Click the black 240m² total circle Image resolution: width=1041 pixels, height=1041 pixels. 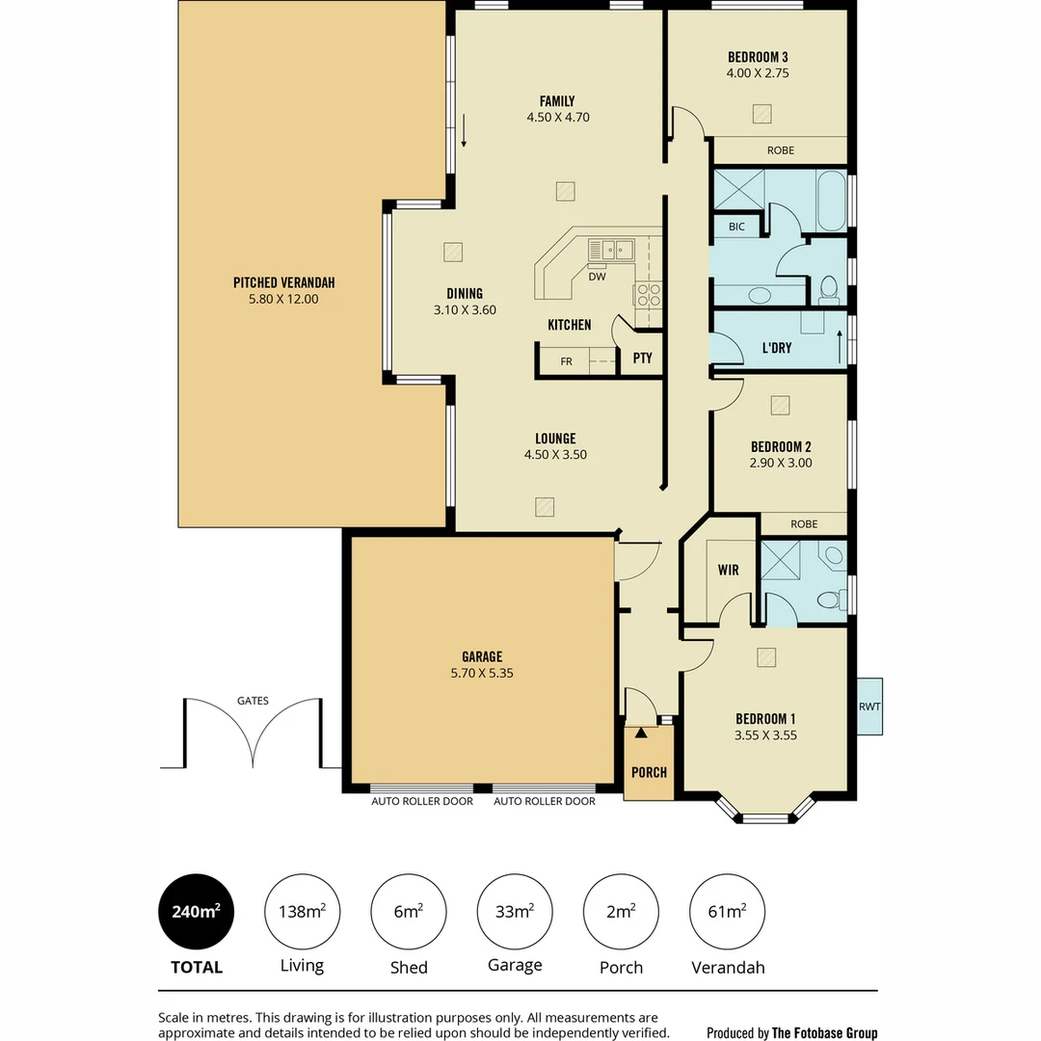[x=196, y=911]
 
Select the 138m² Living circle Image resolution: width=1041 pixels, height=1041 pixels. [x=302, y=911]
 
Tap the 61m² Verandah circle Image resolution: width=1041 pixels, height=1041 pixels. [x=728, y=911]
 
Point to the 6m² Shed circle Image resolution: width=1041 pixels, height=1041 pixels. [x=408, y=911]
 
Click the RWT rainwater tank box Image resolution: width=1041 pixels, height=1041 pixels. [x=869, y=706]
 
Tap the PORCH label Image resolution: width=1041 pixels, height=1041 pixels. [x=649, y=772]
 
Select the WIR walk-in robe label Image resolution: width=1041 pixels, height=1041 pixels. [x=728, y=570]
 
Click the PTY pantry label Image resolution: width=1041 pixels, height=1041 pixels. [x=642, y=358]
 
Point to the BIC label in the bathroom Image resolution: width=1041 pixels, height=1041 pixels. [x=736, y=227]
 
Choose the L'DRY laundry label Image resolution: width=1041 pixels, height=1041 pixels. [x=776, y=347]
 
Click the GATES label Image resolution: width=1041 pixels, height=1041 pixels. [x=253, y=701]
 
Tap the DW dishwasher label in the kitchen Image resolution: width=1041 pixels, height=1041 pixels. [x=597, y=277]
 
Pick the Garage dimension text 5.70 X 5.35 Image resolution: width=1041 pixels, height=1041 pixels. [x=482, y=674]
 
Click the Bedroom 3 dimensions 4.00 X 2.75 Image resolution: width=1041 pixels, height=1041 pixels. [x=758, y=72]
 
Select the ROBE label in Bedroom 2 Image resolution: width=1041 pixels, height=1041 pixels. [x=803, y=524]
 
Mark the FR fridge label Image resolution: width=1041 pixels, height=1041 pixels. [x=566, y=361]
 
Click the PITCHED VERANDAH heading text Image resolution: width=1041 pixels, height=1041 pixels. [x=283, y=282]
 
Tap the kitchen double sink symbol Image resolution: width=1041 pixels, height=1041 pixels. [x=611, y=250]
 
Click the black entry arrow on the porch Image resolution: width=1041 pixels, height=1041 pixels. [x=640, y=733]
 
